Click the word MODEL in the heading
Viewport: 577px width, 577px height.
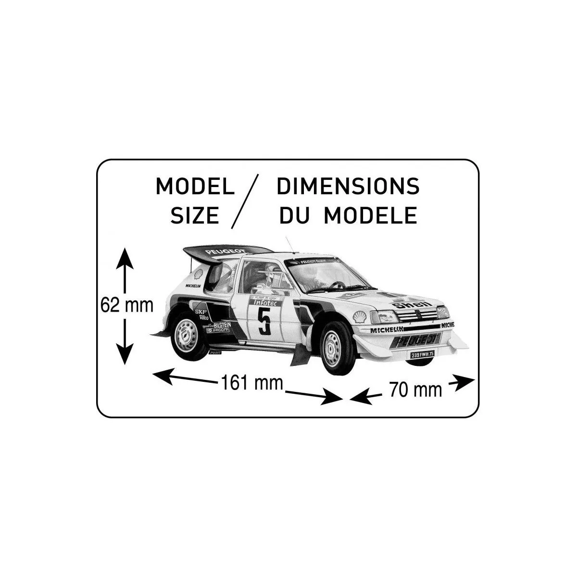195,187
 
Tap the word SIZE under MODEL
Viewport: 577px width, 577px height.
195,215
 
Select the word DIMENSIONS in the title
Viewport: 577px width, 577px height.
348,187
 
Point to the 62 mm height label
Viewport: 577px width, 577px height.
126,305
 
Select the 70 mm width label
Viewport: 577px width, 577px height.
415,389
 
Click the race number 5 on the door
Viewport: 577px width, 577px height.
264,321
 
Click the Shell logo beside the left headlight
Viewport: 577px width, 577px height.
360,316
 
